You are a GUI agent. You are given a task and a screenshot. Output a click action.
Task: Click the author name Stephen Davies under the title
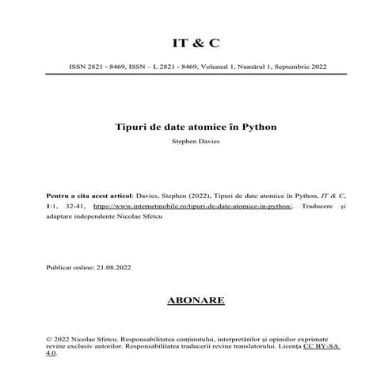(196, 143)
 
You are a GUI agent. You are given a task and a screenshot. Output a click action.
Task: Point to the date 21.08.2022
(113, 267)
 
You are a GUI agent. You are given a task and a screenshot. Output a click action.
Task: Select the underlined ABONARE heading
(196, 300)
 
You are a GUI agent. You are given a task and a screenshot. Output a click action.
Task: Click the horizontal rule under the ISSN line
(196, 74)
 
